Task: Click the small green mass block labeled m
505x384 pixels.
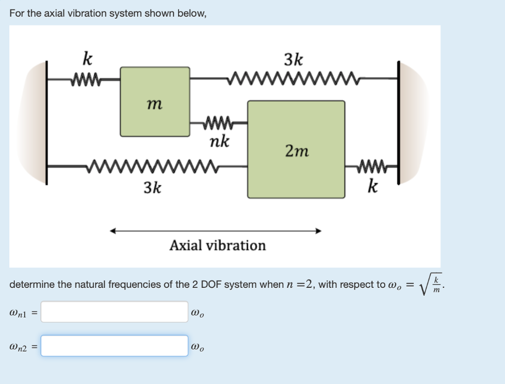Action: (x=155, y=102)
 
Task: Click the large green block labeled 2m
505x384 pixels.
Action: (x=296, y=149)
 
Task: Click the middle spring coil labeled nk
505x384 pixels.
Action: (x=218, y=121)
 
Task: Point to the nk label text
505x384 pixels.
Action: (x=219, y=142)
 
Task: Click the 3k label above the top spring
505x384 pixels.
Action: (x=294, y=60)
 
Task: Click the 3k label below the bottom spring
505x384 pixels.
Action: (x=152, y=187)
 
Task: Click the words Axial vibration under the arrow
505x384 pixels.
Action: (x=217, y=245)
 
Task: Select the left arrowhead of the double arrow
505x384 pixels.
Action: (x=113, y=231)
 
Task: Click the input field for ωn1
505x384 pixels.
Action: (x=114, y=312)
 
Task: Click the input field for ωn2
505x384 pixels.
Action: (x=114, y=346)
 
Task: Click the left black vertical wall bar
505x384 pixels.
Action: (x=47, y=123)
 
